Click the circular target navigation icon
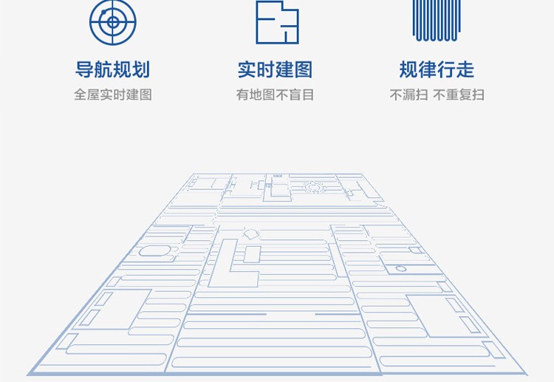[x=112, y=21]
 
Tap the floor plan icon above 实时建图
[x=277, y=21]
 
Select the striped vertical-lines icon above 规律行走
[x=437, y=21]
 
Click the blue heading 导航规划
[x=112, y=70]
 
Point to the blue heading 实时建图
[x=275, y=70]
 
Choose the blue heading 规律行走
[x=437, y=70]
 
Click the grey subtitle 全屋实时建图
[x=112, y=95]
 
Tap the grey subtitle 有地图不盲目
[x=275, y=95]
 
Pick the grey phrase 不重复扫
[x=459, y=95]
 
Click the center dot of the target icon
[x=112, y=21]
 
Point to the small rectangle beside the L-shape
[x=253, y=254]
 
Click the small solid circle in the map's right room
[x=401, y=267]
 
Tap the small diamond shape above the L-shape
[x=250, y=234]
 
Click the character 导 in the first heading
[x=84, y=70]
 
